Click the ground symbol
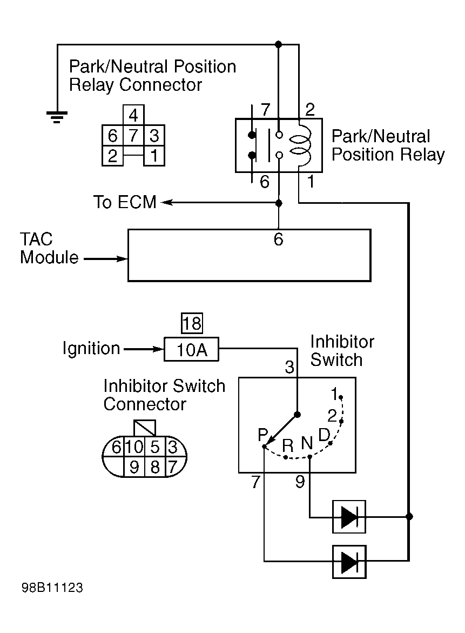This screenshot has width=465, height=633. pyautogui.click(x=57, y=116)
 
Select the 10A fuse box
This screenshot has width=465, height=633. pyautogui.click(x=191, y=349)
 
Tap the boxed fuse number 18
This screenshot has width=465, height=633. pyautogui.click(x=192, y=323)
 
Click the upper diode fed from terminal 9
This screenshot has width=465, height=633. pyautogui.click(x=349, y=517)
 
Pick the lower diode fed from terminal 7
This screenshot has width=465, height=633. pyautogui.click(x=349, y=562)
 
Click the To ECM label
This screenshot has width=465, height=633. pyautogui.click(x=125, y=202)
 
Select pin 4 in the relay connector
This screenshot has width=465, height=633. pyautogui.click(x=133, y=116)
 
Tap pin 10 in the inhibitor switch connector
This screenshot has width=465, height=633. pyautogui.click(x=134, y=447)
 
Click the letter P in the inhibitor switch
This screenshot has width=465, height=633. pyautogui.click(x=263, y=435)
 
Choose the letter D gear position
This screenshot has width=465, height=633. pyautogui.click(x=324, y=435)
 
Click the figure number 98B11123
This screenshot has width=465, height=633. pyautogui.click(x=52, y=588)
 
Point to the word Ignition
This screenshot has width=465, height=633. pyautogui.click(x=91, y=348)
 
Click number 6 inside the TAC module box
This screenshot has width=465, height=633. pyautogui.click(x=278, y=239)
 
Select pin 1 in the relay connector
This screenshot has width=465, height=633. pyautogui.click(x=154, y=156)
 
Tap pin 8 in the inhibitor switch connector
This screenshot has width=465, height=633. pyautogui.click(x=155, y=467)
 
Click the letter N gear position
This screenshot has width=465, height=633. pyautogui.click(x=307, y=443)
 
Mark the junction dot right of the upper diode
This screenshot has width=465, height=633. pyautogui.click(x=409, y=516)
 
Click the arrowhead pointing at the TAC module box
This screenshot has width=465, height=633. pyautogui.click(x=122, y=258)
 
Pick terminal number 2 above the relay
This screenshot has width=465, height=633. pyautogui.click(x=310, y=109)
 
